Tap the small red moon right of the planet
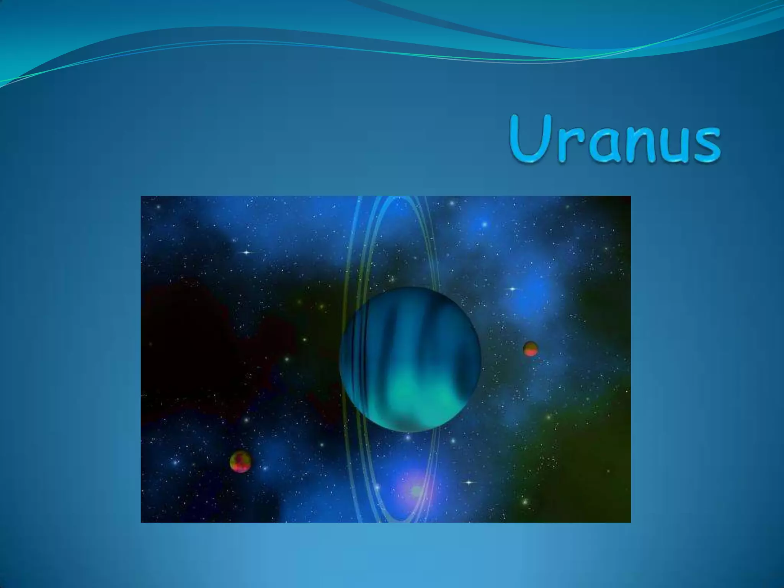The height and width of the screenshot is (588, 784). pos(531,349)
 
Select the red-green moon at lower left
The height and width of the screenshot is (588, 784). pos(240,461)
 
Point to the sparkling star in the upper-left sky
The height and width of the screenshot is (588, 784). pos(247,252)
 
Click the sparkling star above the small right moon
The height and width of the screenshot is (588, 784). pos(512,289)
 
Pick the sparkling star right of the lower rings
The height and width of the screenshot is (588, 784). pos(470,482)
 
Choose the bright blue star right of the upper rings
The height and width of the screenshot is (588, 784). pos(484,224)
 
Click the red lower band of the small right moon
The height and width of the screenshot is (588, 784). pos(531,353)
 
